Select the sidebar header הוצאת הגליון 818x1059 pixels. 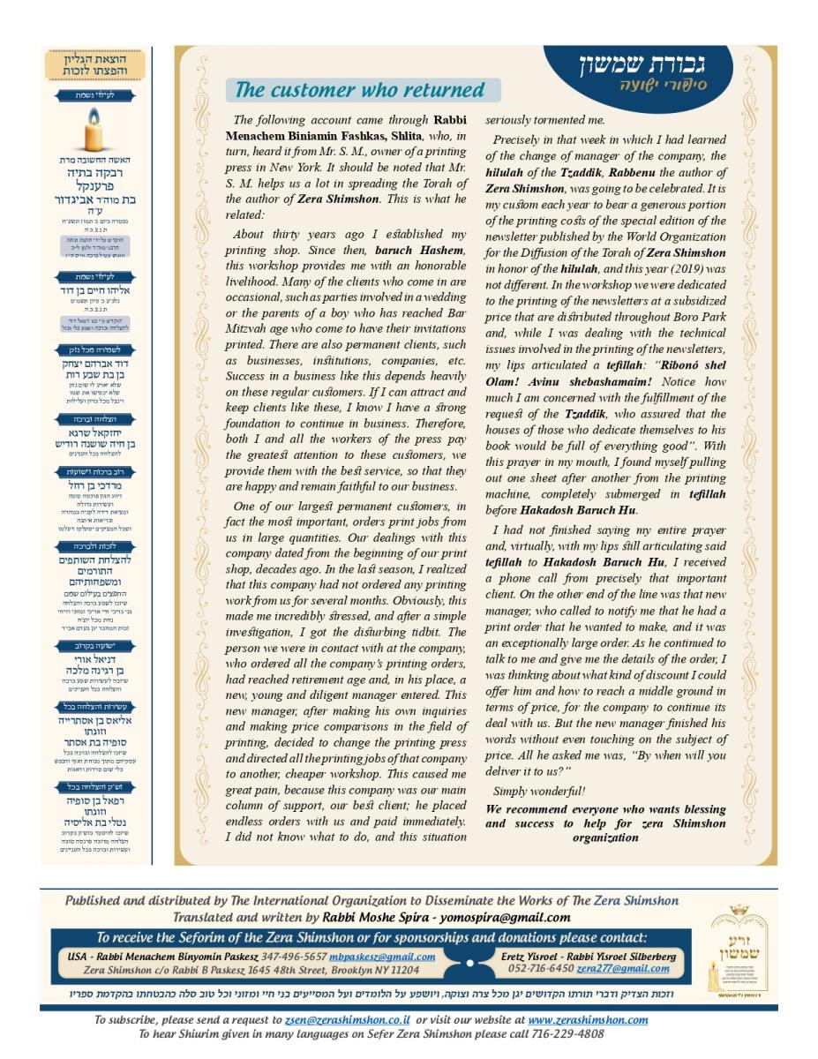tap(96, 59)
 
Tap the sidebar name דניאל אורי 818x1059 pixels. tap(96, 658)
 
